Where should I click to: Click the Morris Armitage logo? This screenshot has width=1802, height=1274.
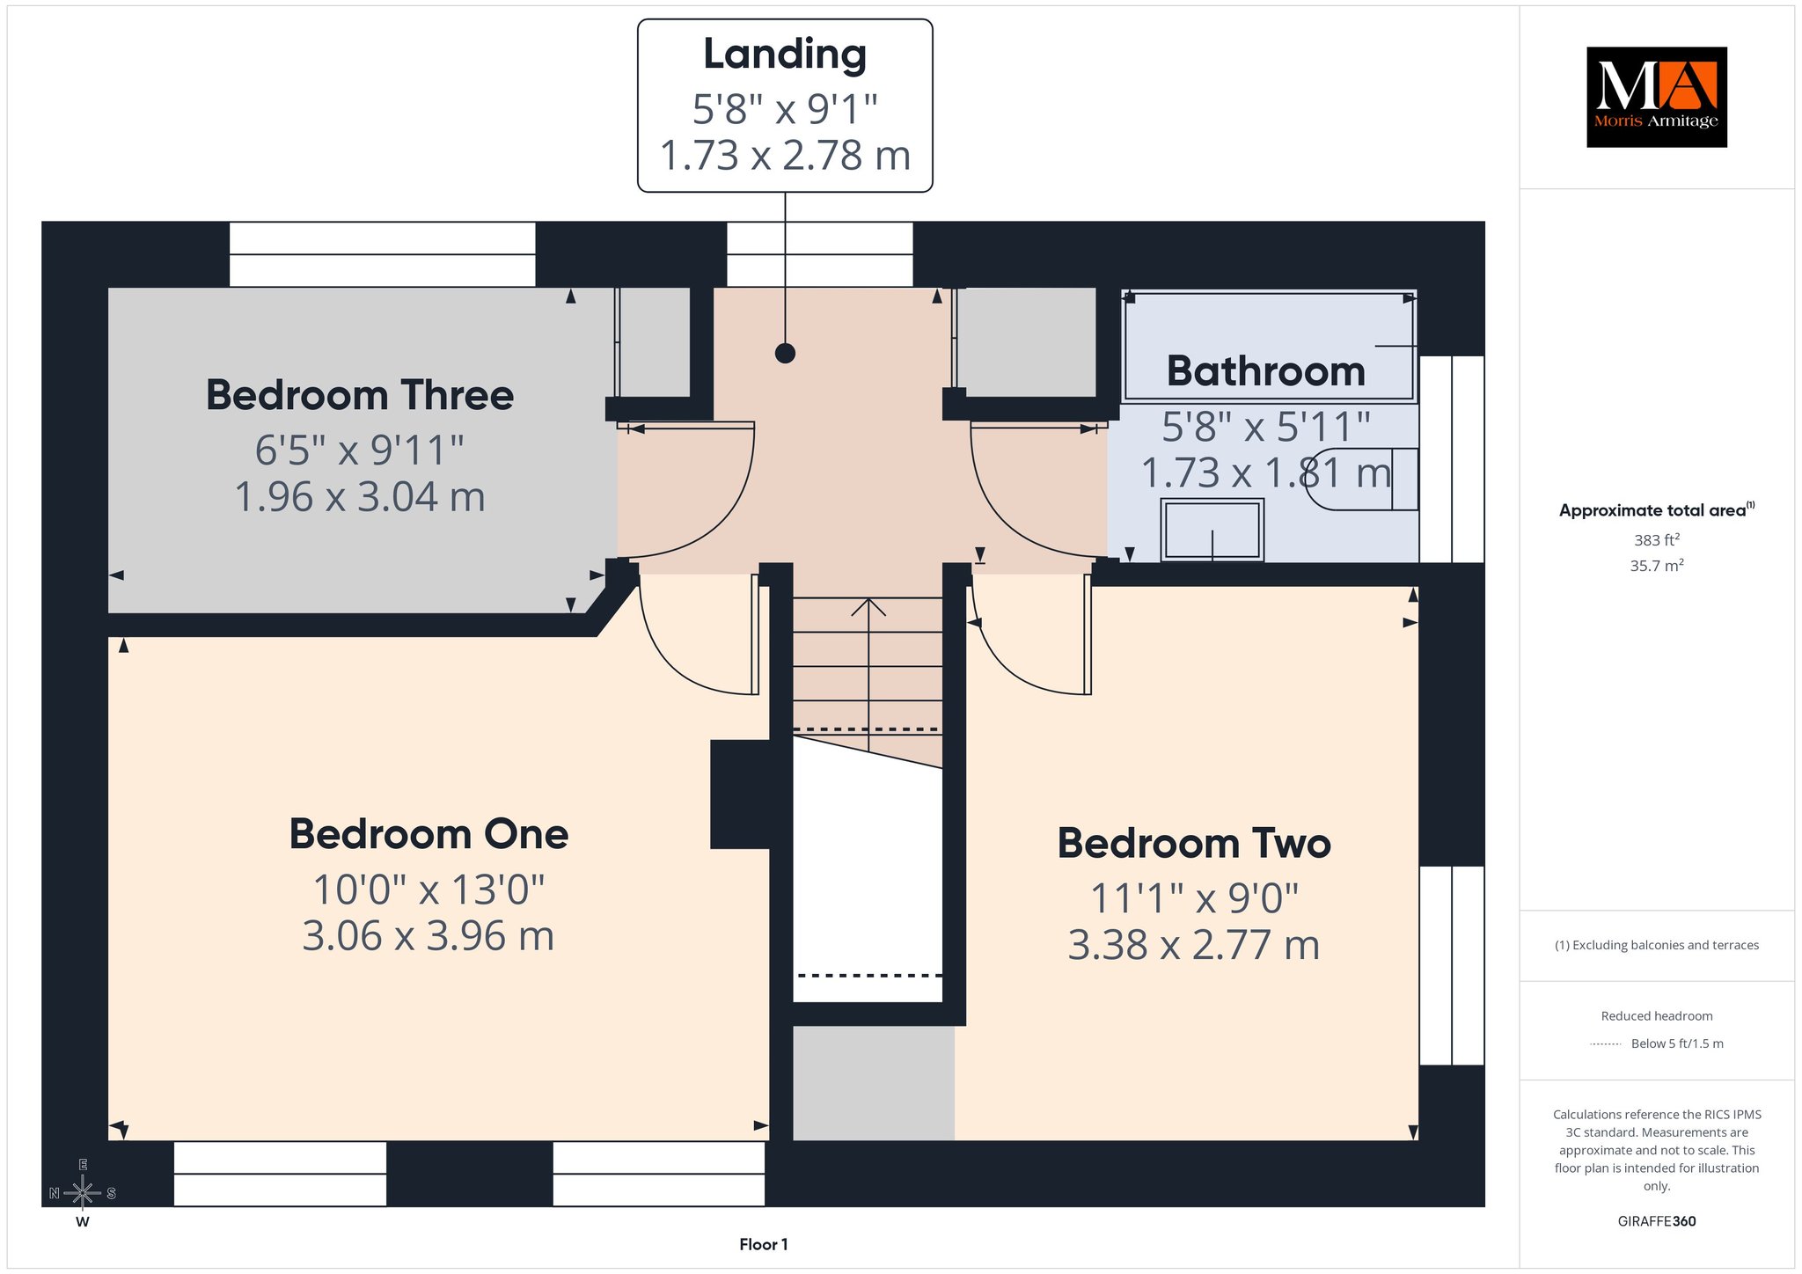(1656, 97)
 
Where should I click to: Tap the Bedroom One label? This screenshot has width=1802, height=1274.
(429, 834)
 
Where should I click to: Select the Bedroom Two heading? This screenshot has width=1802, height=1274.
(1194, 843)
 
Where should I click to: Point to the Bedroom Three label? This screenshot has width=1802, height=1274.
(360, 395)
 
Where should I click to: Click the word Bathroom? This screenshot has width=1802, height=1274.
(1266, 370)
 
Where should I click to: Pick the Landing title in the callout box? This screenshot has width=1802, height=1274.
(785, 55)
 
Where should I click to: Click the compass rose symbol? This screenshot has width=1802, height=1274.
(83, 1193)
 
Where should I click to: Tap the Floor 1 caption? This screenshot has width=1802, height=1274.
(764, 1244)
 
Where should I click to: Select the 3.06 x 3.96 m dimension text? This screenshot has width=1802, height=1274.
(429, 935)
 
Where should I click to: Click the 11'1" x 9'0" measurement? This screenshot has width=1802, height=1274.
(1194, 898)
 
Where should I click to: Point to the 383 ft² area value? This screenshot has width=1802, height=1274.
(1657, 540)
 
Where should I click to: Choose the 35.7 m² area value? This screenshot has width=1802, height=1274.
(1657, 566)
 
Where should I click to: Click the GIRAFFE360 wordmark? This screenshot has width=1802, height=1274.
(1657, 1221)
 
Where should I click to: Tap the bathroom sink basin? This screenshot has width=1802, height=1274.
(1212, 530)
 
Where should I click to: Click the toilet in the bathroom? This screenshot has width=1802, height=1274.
(1361, 479)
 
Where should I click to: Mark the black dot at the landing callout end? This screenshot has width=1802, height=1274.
(785, 354)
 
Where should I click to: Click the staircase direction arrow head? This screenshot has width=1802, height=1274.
(868, 606)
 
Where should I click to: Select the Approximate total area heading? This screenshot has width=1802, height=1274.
(1657, 509)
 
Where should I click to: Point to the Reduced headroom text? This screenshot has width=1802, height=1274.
(1657, 1016)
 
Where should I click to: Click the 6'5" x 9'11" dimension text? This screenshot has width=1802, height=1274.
(360, 450)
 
